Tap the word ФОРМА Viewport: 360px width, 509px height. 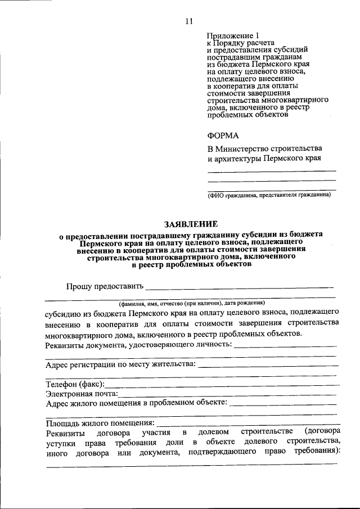coord(223,135)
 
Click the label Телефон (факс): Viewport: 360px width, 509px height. coord(74,384)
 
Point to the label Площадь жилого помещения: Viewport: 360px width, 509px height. coord(100,422)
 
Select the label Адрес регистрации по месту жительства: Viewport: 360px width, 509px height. coord(120,364)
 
